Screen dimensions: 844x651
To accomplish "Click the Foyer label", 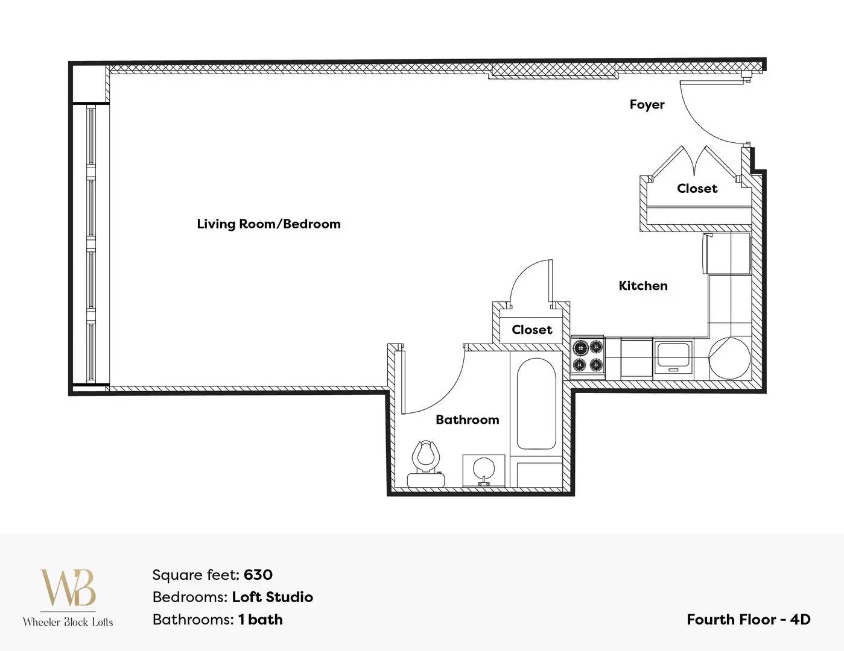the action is tap(647, 105).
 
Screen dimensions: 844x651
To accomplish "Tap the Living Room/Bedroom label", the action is tap(269, 224).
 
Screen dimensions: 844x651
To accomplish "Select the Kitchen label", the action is tap(643, 286).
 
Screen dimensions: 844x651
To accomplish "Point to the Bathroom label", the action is tap(468, 420).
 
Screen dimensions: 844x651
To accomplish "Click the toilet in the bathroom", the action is tap(426, 464).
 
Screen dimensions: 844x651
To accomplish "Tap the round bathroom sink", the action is tap(484, 470).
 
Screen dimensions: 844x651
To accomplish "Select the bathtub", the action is tap(536, 403).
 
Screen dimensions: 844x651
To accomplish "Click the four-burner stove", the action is tap(588, 356).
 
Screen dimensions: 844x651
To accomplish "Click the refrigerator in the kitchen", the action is tap(726, 253).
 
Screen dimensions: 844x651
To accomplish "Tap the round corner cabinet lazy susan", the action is tap(729, 358).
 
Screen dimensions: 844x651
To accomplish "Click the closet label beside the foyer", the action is tap(697, 189).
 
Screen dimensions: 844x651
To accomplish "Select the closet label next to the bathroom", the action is tap(531, 330).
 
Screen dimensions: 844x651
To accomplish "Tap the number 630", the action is tap(258, 574).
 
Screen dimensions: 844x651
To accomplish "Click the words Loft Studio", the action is tap(272, 597).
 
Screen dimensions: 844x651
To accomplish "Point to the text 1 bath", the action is tap(261, 620).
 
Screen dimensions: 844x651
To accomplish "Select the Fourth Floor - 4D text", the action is tap(749, 620).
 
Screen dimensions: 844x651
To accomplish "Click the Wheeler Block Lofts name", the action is tap(68, 622).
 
